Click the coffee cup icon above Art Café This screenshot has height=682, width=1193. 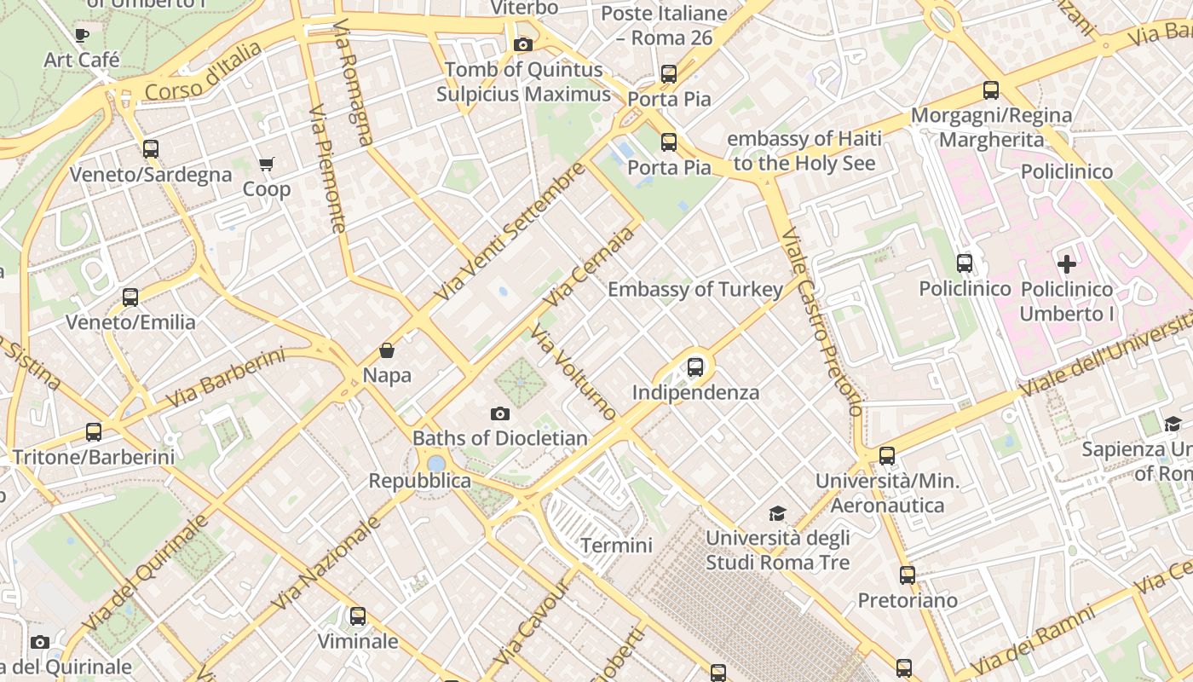pyautogui.click(x=81, y=35)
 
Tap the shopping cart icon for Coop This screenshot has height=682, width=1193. pyautogui.click(x=267, y=164)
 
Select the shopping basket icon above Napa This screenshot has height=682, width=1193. pyautogui.click(x=387, y=350)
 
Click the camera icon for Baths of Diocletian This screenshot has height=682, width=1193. pyautogui.click(x=500, y=414)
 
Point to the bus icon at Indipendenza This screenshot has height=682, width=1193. pyautogui.click(x=695, y=367)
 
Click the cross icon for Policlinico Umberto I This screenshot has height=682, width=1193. pyautogui.click(x=1066, y=264)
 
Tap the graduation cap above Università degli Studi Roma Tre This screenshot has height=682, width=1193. pyautogui.click(x=777, y=513)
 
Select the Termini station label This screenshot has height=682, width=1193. pyautogui.click(x=616, y=546)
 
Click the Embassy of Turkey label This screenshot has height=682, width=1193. pyautogui.click(x=694, y=290)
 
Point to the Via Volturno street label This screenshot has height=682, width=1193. pyautogui.click(x=573, y=373)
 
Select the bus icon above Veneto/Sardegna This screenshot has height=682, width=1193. pyautogui.click(x=151, y=149)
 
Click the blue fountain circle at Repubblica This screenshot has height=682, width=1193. pyautogui.click(x=436, y=464)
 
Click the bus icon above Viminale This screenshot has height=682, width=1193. pyautogui.click(x=358, y=616)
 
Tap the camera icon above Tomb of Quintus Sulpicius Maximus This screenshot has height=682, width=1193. pyautogui.click(x=523, y=44)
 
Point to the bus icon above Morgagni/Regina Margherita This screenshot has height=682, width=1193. pyautogui.click(x=990, y=90)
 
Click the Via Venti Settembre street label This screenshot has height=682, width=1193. pyautogui.click(x=510, y=232)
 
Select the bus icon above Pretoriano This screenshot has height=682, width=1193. pyautogui.click(x=908, y=575)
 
